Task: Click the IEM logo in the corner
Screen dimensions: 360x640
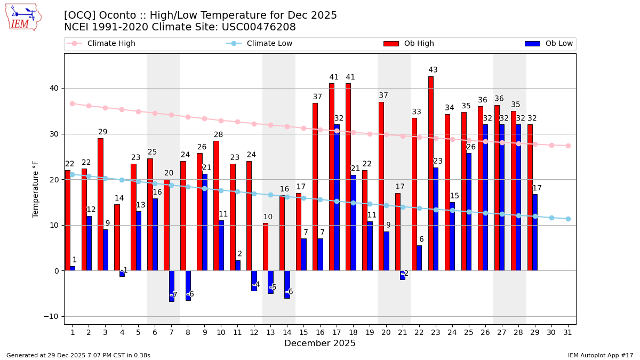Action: point(22,17)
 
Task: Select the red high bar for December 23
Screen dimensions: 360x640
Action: point(430,173)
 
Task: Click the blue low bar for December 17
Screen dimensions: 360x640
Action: point(337,197)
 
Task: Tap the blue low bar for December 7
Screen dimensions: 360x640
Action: point(172,286)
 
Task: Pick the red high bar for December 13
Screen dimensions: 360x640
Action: point(266,246)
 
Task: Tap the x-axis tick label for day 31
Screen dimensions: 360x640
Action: point(568,332)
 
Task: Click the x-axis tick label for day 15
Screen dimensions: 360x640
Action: point(303,332)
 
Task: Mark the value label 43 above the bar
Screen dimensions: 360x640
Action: point(433,70)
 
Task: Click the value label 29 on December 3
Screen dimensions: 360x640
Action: point(103,132)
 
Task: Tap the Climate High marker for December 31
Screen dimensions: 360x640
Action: point(568,146)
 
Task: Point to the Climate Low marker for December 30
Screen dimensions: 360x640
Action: point(551,218)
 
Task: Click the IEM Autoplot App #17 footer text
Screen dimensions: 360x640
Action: point(600,355)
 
